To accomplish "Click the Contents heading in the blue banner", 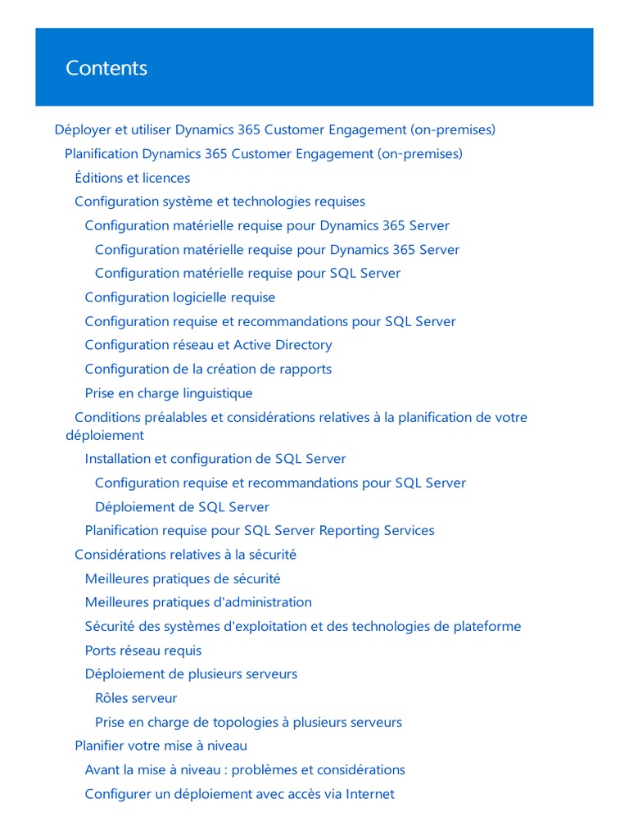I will (106, 68).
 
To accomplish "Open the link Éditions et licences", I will (132, 178).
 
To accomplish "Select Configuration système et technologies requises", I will (219, 202).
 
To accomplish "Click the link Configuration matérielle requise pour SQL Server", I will (247, 273).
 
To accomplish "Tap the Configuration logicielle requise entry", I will (180, 297).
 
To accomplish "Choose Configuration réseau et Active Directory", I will (208, 345).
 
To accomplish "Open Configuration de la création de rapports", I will (208, 369).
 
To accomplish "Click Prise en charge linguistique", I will (169, 393).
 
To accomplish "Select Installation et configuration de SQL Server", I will (215, 459).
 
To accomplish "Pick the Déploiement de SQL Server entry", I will (182, 507).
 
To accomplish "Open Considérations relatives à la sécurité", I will (185, 555).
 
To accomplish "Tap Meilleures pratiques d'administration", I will (198, 602).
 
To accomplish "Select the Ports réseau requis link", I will (143, 651).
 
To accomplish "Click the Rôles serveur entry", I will (136, 698).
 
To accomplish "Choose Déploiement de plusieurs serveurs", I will (191, 674).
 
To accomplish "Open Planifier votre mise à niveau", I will (161, 746).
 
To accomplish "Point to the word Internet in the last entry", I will (370, 794).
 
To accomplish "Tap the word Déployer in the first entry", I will (80, 129).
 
